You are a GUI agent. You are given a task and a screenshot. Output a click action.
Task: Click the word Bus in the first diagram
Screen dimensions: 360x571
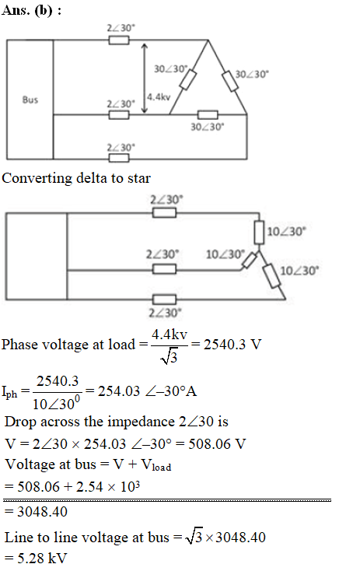30,100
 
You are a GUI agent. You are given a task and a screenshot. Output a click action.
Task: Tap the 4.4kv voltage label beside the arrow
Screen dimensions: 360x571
159,97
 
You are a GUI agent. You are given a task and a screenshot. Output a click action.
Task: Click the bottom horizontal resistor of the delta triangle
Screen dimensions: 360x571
208,114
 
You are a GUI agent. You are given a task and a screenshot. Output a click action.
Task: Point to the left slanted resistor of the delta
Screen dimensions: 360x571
188,79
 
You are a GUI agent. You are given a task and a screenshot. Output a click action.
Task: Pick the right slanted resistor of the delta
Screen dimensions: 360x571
230,81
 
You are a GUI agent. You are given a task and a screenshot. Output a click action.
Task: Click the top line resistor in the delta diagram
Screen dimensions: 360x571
119,40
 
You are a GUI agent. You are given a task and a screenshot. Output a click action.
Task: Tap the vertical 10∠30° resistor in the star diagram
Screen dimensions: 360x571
259,232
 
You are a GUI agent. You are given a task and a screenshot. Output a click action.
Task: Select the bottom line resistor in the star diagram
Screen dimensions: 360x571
164,300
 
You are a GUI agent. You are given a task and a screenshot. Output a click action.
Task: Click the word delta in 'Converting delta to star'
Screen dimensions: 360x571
92,178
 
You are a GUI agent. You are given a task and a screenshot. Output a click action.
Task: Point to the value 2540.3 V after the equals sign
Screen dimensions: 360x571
232,345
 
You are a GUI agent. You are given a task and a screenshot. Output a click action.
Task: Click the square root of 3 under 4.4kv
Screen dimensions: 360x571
169,356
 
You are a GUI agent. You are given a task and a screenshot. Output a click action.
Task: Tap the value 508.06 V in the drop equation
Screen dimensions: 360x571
217,444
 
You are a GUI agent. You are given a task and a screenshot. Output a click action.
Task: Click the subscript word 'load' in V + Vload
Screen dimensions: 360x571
162,468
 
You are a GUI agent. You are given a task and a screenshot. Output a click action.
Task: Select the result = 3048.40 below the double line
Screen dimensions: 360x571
36,512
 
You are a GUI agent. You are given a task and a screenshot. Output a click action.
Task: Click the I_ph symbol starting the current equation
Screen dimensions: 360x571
9,393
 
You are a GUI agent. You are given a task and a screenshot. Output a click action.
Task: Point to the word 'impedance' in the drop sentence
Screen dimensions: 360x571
142,422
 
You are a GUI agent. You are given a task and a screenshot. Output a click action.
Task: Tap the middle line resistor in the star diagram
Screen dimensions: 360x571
164,269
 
